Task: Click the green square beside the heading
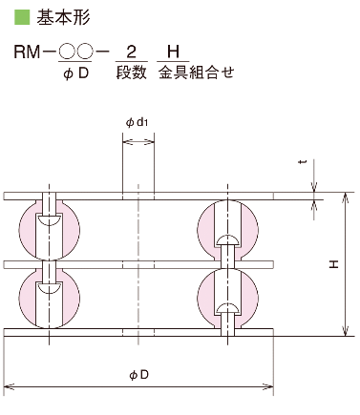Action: [x=22, y=17]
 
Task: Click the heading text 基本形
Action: [x=63, y=17]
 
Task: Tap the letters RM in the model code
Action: [x=27, y=52]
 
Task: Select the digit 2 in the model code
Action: [x=131, y=52]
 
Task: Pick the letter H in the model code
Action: [x=173, y=52]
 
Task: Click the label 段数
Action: [x=132, y=73]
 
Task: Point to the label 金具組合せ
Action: [x=197, y=73]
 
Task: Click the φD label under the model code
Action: [x=75, y=73]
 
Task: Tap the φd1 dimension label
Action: [x=138, y=122]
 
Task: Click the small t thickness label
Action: [x=303, y=162]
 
